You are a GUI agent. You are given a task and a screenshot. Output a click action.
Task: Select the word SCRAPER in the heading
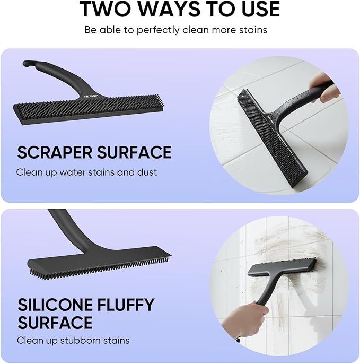coord(55,152)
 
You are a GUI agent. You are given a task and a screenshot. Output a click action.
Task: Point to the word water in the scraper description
coord(73,172)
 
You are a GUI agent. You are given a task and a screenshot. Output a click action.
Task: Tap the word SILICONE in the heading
coord(55,305)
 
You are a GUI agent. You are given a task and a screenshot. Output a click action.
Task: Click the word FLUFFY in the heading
coord(126,305)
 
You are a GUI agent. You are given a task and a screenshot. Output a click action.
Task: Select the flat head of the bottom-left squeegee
coord(100,261)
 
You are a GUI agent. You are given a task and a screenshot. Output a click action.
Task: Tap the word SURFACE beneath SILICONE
coord(55,323)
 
